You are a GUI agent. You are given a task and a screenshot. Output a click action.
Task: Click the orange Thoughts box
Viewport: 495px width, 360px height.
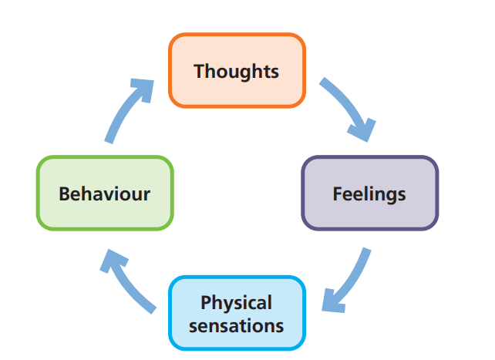tap(237, 71)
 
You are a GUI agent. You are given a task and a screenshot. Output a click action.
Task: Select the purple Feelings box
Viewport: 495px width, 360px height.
tap(369, 193)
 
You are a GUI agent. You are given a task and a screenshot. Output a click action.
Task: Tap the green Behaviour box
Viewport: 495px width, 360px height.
tap(104, 193)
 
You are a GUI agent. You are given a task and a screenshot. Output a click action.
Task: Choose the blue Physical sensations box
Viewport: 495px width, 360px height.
tap(237, 313)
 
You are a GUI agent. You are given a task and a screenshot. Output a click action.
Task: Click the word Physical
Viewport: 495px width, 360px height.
tap(236, 302)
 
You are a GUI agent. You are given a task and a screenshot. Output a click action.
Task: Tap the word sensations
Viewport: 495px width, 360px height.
tap(237, 325)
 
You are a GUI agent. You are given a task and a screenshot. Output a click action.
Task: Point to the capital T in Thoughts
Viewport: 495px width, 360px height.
tap(199, 72)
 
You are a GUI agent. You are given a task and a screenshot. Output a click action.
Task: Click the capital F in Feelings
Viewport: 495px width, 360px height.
tap(337, 193)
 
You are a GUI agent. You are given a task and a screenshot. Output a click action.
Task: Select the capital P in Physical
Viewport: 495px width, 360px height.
tap(205, 302)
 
